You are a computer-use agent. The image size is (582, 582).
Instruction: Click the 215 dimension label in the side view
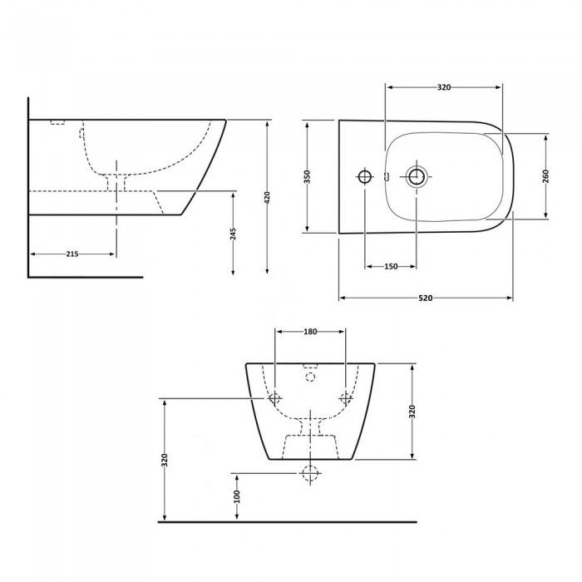click(72, 254)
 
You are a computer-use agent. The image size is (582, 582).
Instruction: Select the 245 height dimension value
click(233, 234)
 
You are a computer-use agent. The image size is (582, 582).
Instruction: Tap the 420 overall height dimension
click(267, 197)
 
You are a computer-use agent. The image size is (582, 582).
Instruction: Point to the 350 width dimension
click(307, 176)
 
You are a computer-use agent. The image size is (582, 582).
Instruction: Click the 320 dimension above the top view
click(444, 87)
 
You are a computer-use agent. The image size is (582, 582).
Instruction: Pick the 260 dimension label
click(545, 176)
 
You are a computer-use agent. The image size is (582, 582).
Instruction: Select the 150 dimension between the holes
click(391, 266)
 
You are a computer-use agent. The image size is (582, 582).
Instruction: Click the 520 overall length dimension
click(426, 298)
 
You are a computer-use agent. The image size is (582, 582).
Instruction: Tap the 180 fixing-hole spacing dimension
click(310, 332)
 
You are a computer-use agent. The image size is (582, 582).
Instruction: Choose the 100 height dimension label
click(237, 496)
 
